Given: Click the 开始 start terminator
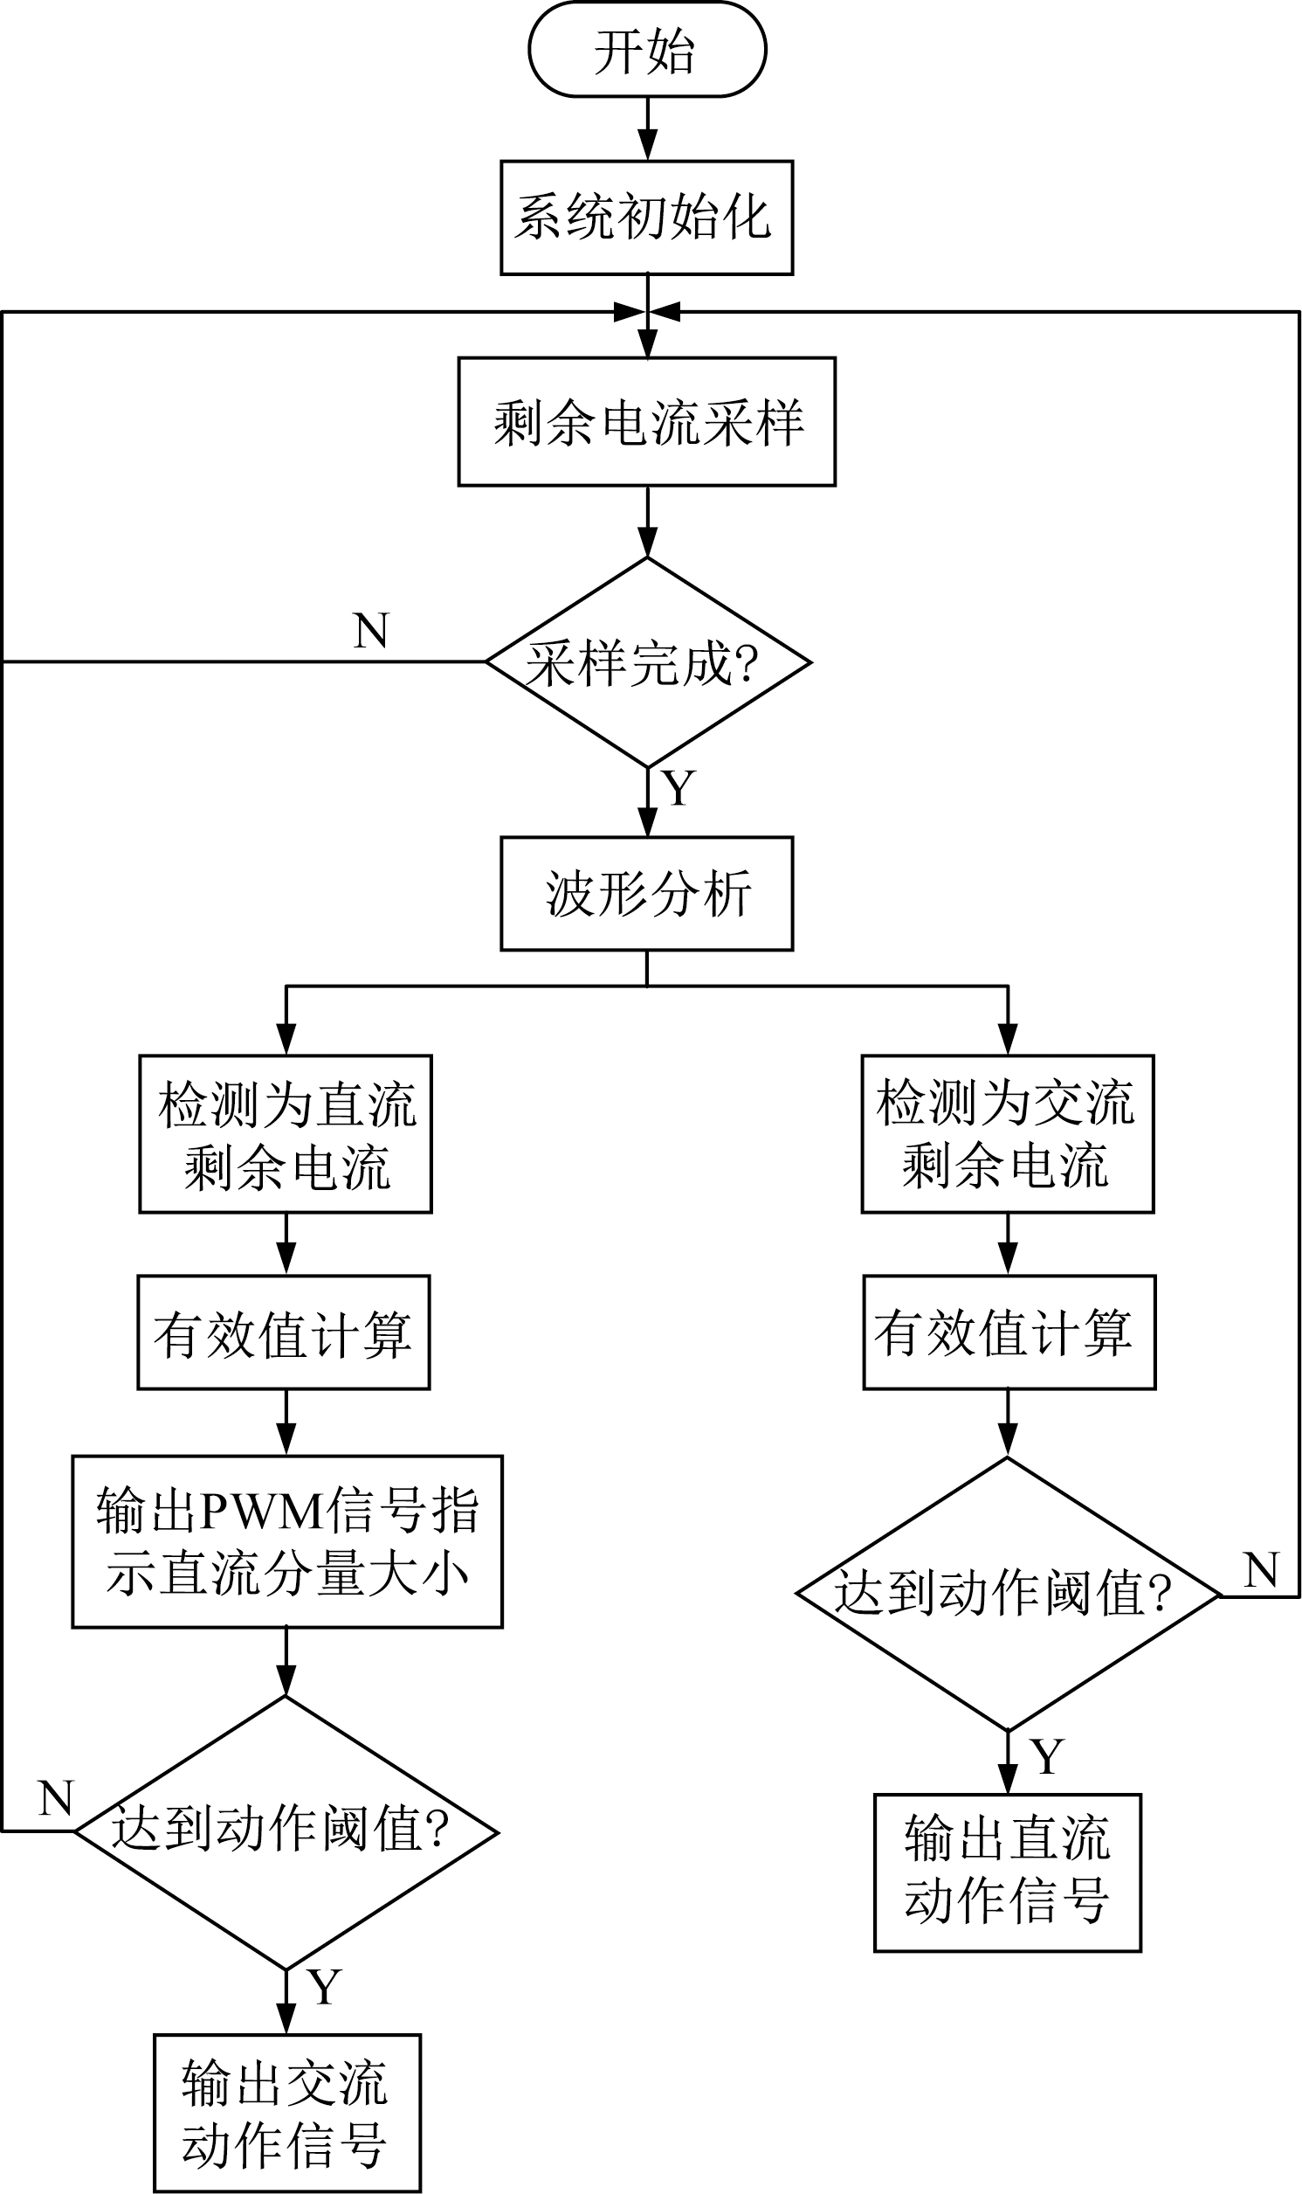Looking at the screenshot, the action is (x=646, y=49).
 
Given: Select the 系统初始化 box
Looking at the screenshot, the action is (x=646, y=218).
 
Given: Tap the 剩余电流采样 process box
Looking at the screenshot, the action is (x=646, y=421).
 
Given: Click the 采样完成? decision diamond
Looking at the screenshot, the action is (x=647, y=662).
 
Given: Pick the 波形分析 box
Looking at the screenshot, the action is (x=646, y=893).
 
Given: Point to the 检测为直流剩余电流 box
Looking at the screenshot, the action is (x=286, y=1134).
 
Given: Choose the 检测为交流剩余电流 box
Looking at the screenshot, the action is (x=1007, y=1134).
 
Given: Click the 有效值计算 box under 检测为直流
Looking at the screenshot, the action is (x=284, y=1332).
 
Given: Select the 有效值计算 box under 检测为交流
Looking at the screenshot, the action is (x=1009, y=1332).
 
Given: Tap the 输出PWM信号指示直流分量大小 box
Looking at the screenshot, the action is (x=287, y=1542).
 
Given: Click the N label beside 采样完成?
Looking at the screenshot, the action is (x=371, y=630).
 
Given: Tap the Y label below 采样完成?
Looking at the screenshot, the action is (x=679, y=788).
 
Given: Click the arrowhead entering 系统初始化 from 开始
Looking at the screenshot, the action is (x=647, y=145).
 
